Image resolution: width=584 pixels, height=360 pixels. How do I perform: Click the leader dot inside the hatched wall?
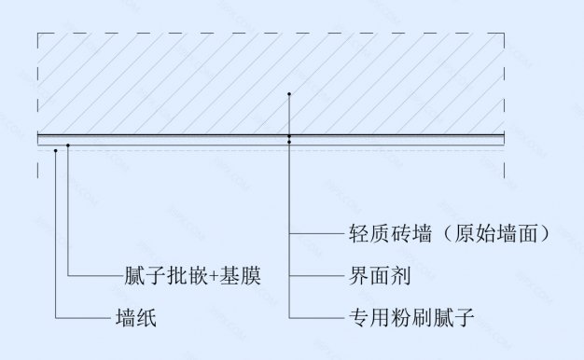coord(290,95)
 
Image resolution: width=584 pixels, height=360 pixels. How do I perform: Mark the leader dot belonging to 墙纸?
coord(57,146)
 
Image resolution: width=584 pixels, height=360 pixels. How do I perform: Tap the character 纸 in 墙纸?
coord(145,318)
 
